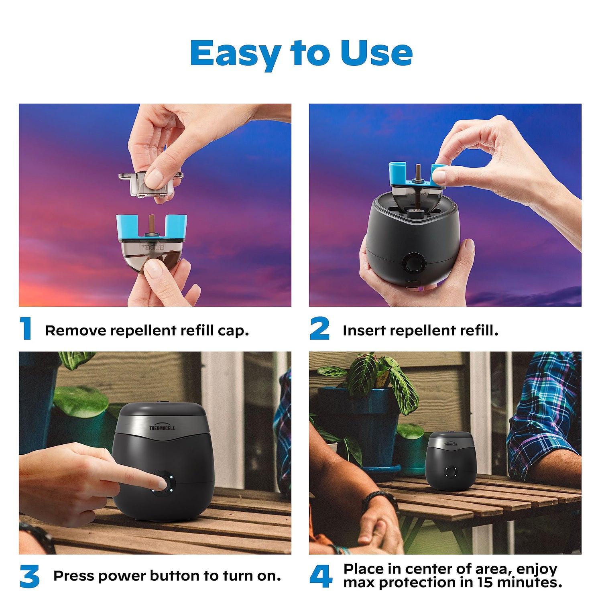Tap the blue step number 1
click(x=26, y=328)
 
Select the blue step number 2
click(x=319, y=328)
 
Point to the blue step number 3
click(x=30, y=576)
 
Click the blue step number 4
click(x=321, y=576)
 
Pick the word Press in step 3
click(x=74, y=576)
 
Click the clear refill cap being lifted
click(x=150, y=184)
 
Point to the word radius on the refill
click(x=153, y=247)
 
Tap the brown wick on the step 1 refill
click(x=152, y=224)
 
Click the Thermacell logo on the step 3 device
click(x=162, y=428)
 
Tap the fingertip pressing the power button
click(x=161, y=483)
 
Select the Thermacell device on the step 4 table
click(x=451, y=461)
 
